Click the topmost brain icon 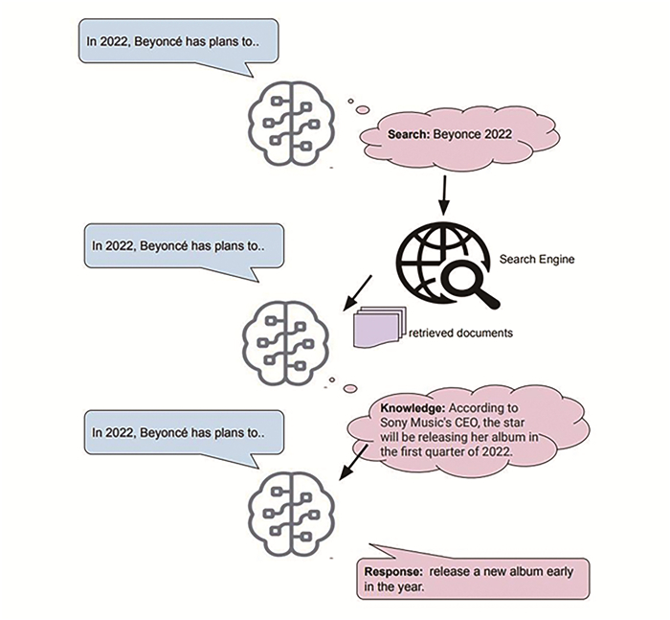click(x=292, y=123)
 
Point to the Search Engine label click(x=537, y=259)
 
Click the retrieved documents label click(x=460, y=333)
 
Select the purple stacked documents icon click(x=379, y=327)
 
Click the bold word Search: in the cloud click(x=408, y=134)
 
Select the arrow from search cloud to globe click(x=444, y=195)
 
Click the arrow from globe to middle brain click(x=358, y=293)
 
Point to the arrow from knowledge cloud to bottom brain click(x=352, y=463)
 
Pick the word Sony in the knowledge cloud click(x=393, y=424)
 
